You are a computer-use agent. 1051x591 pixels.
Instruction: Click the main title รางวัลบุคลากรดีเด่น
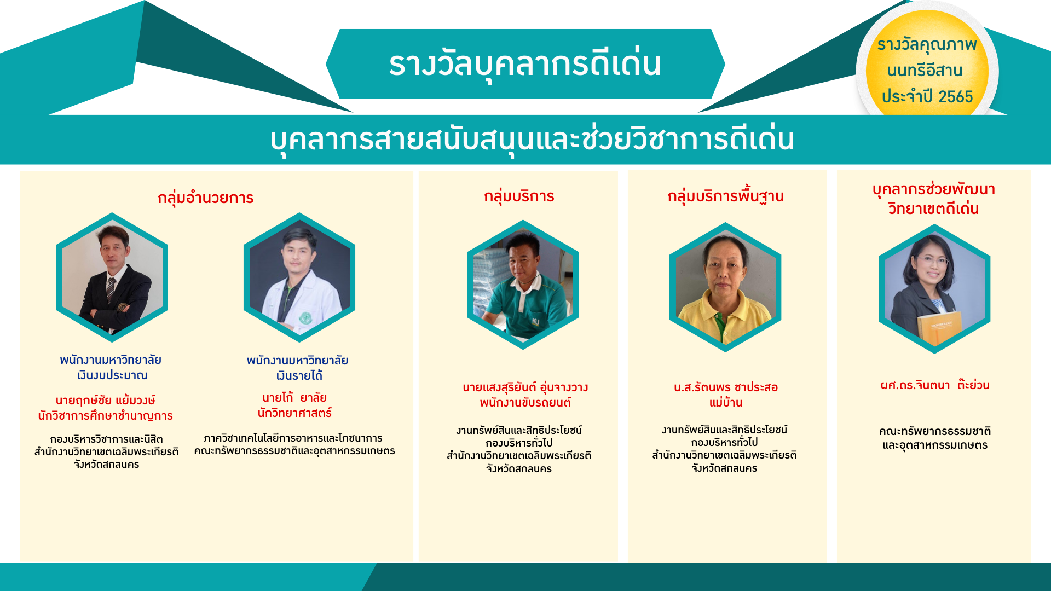coord(525,64)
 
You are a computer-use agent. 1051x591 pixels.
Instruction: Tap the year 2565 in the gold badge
coord(955,97)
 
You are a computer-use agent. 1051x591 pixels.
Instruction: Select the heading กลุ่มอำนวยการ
coord(205,198)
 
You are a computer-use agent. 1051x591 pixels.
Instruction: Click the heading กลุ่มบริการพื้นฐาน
coord(725,196)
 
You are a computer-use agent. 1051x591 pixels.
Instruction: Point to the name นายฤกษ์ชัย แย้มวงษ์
coord(106,400)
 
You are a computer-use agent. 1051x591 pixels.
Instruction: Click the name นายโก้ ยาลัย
coord(294,397)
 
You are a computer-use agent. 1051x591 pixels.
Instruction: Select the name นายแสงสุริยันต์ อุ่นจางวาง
coord(525,387)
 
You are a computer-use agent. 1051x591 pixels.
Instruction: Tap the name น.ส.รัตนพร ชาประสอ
coord(725,387)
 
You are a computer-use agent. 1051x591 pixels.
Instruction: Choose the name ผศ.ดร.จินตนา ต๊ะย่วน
coord(934,385)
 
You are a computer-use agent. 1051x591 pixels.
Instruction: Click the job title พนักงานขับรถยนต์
coord(525,403)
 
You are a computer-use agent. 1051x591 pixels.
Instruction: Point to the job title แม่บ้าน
coord(725,402)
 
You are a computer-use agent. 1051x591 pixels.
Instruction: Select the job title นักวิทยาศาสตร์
coord(294,413)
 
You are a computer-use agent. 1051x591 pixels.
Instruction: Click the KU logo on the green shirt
coord(535,322)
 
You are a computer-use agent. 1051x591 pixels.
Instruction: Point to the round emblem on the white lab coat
coord(305,318)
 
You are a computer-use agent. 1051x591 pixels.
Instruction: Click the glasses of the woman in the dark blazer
coord(933,261)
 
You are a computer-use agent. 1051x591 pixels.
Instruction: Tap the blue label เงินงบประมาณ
coord(112,375)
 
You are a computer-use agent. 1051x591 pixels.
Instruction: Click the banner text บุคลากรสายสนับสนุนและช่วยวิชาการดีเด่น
coord(532,139)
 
